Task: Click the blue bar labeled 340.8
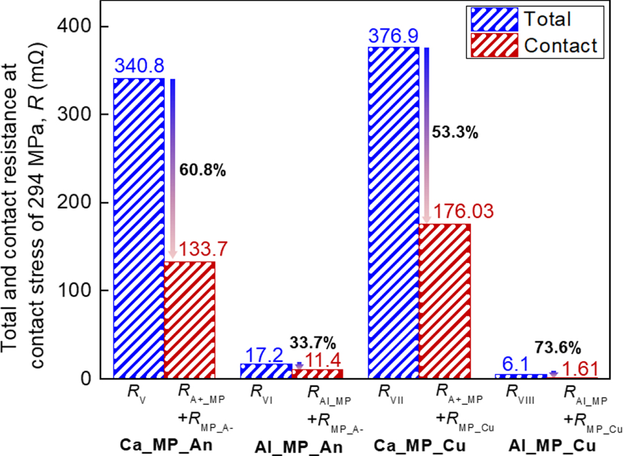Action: point(138,228)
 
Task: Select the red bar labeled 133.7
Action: point(189,320)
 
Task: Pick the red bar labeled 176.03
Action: point(444,301)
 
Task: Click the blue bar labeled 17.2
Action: point(265,371)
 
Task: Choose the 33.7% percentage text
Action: point(313,342)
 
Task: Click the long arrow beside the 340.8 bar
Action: point(173,168)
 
